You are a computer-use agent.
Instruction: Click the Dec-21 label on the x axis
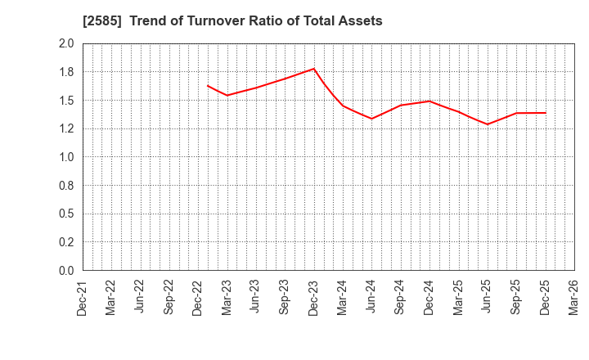[83, 297]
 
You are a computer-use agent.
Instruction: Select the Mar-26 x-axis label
[573, 297]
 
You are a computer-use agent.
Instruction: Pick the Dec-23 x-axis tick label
[314, 297]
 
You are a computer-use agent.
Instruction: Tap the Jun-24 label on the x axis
[371, 297]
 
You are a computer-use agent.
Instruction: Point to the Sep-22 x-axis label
[169, 297]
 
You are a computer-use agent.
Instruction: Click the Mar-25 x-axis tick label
[458, 297]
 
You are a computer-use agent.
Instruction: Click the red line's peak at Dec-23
[314, 69]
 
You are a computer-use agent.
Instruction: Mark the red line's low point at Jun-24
[371, 119]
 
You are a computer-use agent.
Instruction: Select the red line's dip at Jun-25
[488, 124]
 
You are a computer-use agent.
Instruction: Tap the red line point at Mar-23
[227, 95]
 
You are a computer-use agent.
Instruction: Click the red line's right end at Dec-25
[545, 113]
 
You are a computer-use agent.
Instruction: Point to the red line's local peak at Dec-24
[429, 101]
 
